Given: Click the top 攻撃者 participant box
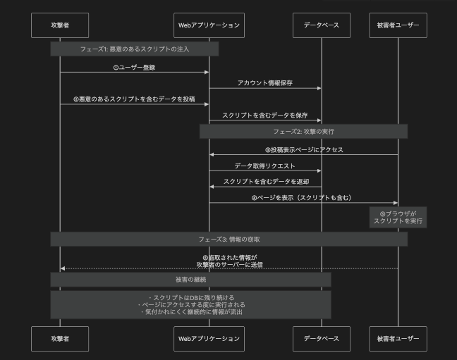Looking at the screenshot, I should tap(60, 25).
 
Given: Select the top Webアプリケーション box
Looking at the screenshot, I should tap(209, 25).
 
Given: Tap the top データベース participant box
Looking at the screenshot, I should tap(321, 25).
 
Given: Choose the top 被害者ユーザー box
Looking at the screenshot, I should tap(398, 25).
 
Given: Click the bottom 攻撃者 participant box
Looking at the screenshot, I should tap(60, 339).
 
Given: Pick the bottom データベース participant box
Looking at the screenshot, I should tap(321, 339).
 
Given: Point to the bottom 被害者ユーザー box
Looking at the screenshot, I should tap(398, 339).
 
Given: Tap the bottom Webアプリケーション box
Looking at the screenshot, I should tap(209, 339).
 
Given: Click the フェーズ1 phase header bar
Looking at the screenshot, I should tap(134, 49).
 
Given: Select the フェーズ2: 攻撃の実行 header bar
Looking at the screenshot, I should tap(303, 132).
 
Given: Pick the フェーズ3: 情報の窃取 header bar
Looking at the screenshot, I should tap(228, 240).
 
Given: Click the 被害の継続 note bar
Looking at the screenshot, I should tap(190, 280).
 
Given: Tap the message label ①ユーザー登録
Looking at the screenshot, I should tap(134, 68).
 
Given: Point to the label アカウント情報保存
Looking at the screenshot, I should tap(264, 83).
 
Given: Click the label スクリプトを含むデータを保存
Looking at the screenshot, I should tap(264, 115).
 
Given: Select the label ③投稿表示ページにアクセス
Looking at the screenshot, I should tap(304, 149).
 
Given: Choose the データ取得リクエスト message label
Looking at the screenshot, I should tap(264, 166).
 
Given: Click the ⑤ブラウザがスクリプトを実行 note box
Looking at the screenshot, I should tap(398, 217).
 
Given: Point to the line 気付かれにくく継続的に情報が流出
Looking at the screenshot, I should tap(190, 311).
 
